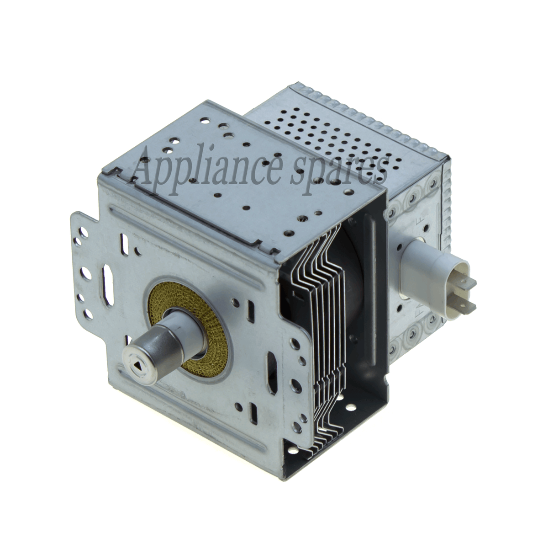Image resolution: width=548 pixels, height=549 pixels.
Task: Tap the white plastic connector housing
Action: [425, 265]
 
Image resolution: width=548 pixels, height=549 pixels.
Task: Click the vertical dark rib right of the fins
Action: [374, 274]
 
